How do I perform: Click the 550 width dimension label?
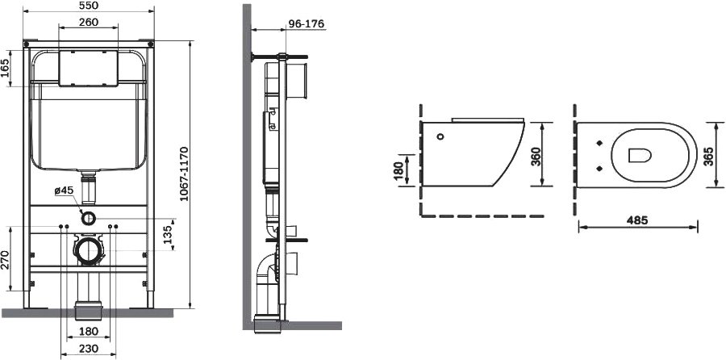89,5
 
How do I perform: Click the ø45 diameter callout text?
64,190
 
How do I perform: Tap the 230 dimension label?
89,349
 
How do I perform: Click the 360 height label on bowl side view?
535,156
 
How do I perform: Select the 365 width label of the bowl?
708,156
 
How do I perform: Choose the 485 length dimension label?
636,220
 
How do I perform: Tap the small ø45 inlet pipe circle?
89,217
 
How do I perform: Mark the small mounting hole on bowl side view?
440,136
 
